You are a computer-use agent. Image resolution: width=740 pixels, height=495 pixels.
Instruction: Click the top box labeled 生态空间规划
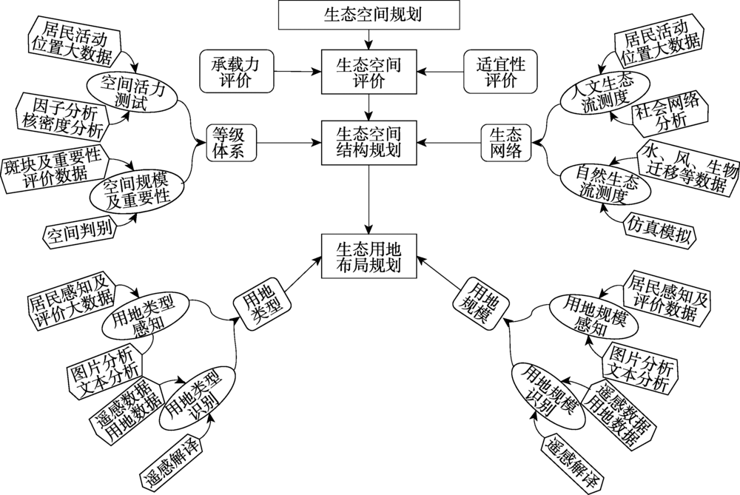pyautogui.click(x=369, y=15)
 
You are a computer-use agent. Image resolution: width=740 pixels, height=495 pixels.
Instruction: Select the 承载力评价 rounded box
pyautogui.click(x=237, y=71)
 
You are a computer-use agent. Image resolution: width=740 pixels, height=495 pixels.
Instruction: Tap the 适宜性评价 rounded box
pyautogui.click(x=501, y=71)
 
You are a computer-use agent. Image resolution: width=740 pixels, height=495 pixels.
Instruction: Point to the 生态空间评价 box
pyautogui.click(x=369, y=72)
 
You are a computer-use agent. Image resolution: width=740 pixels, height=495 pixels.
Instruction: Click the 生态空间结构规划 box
pyautogui.click(x=369, y=143)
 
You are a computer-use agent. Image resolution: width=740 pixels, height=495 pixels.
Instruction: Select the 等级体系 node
pyautogui.click(x=231, y=143)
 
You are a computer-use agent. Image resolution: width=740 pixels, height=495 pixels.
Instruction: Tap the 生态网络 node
pyautogui.click(x=506, y=143)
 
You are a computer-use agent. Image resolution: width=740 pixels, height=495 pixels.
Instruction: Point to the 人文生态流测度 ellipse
pyautogui.click(x=605, y=92)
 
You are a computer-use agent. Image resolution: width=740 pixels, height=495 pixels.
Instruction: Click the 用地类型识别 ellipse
pyautogui.click(x=198, y=399)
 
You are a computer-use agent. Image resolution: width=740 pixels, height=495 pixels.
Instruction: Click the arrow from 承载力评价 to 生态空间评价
pyautogui.click(x=297, y=72)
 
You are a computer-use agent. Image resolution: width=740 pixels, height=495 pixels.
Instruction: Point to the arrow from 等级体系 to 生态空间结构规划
pyautogui.click(x=289, y=143)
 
